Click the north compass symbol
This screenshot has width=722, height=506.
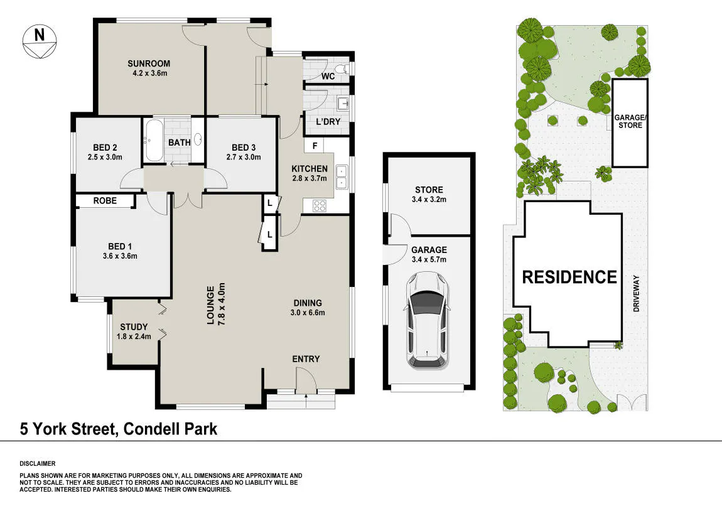point(40,41)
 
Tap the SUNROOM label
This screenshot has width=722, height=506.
point(149,63)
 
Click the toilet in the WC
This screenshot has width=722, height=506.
point(342,69)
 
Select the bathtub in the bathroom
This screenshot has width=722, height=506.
point(154,141)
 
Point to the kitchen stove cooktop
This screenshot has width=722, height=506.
point(320,206)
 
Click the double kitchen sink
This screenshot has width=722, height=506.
point(342,177)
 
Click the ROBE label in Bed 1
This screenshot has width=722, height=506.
point(105,201)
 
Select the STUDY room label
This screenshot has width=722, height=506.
point(134,327)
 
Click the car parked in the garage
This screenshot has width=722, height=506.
point(427,320)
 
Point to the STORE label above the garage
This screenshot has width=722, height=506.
point(429,190)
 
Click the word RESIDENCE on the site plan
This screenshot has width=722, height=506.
point(569,277)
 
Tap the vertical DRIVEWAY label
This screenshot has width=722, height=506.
point(637,294)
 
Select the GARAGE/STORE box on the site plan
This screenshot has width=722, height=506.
point(630,123)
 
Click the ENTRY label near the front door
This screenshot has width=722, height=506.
point(306,358)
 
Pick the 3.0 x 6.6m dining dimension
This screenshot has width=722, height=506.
point(308,313)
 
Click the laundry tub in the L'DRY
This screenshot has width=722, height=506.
point(343,104)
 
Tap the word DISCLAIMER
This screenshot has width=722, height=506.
point(37,464)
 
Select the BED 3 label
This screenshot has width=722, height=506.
point(244,148)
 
